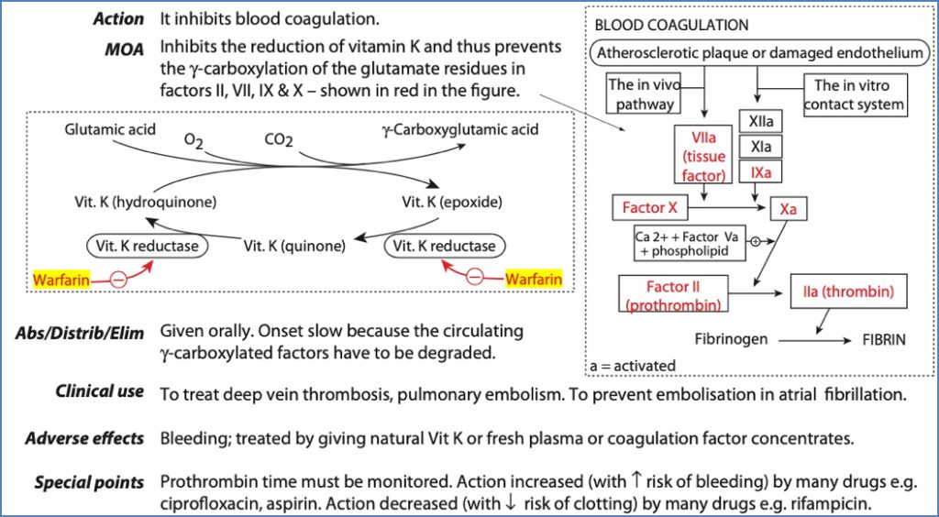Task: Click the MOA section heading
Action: pos(124,49)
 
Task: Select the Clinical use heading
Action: pos(100,391)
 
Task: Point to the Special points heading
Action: pos(89,482)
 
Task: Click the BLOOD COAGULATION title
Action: pos(671,25)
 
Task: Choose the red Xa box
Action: pos(788,210)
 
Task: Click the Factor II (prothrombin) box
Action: pos(673,294)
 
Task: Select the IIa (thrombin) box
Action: pos(848,293)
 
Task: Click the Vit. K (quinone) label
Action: pos(294,246)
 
